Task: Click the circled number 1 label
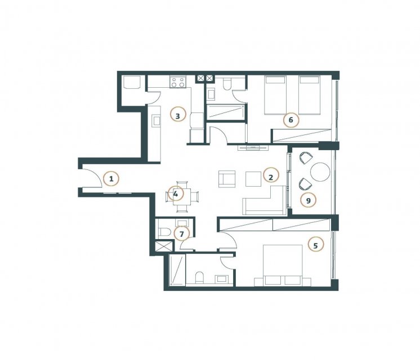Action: point(111,178)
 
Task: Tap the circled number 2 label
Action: point(271,177)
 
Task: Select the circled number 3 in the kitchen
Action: point(178,116)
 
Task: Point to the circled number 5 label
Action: point(315,245)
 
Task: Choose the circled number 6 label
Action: point(291,120)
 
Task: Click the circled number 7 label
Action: point(182,234)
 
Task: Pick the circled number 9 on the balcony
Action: point(309,200)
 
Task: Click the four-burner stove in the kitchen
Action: point(177,82)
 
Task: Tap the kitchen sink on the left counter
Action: point(156,121)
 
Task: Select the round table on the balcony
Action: point(320,172)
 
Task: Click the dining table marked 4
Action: point(182,196)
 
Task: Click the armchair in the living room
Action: point(227,179)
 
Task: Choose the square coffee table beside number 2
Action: point(253,179)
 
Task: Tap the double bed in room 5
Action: point(283,265)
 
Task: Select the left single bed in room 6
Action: point(275,95)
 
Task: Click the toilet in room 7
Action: point(164,232)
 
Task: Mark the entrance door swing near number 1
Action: point(92,177)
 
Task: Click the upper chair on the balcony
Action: point(305,158)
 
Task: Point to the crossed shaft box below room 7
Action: point(164,246)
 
